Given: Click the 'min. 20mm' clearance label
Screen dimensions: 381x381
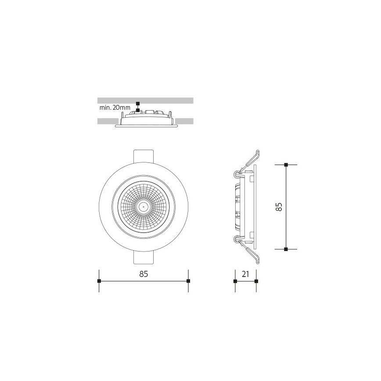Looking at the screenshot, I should pos(115,108).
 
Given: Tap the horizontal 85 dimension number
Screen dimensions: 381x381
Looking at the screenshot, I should pos(144,274).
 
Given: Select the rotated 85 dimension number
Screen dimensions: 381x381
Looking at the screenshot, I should pos(278,207).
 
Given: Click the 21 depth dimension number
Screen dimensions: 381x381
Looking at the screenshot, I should pos(246,274).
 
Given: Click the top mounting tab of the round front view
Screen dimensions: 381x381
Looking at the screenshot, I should pos(144,155).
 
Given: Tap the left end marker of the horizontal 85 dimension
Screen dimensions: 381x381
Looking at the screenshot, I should pos(99,281).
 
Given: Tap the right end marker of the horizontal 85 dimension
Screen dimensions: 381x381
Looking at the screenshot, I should pos(188,281).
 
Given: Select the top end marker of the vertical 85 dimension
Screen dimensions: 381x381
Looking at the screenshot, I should pos(286,165).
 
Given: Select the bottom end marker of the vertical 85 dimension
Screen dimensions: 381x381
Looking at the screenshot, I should pos(286,249).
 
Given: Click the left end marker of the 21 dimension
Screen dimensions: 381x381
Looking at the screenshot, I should pos(235,281).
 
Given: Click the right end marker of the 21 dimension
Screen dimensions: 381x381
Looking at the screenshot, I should pos(256,281).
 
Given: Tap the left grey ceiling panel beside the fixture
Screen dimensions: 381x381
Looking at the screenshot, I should pos(107,121).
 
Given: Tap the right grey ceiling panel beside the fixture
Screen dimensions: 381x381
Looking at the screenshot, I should pos(184,121).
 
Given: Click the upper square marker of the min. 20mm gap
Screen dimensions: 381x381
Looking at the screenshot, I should pos(138,104).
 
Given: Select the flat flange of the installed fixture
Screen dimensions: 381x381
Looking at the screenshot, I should pos(146,126).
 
